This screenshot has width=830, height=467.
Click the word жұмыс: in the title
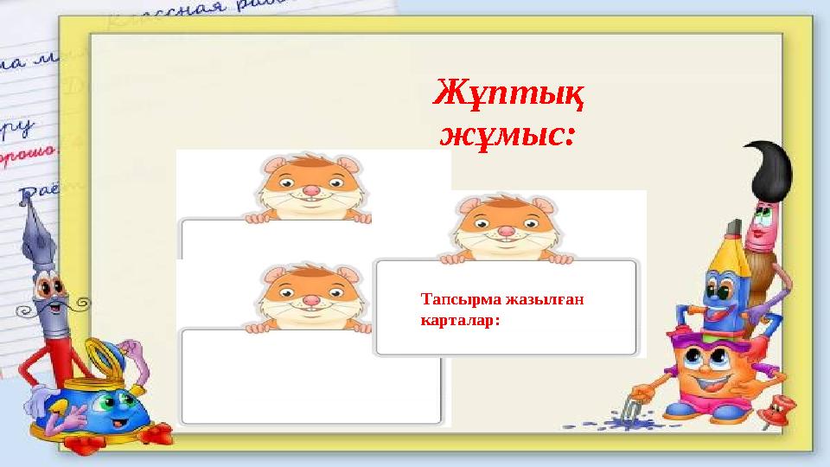(x=508, y=135)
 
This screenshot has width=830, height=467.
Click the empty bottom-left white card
(x=311, y=381)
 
